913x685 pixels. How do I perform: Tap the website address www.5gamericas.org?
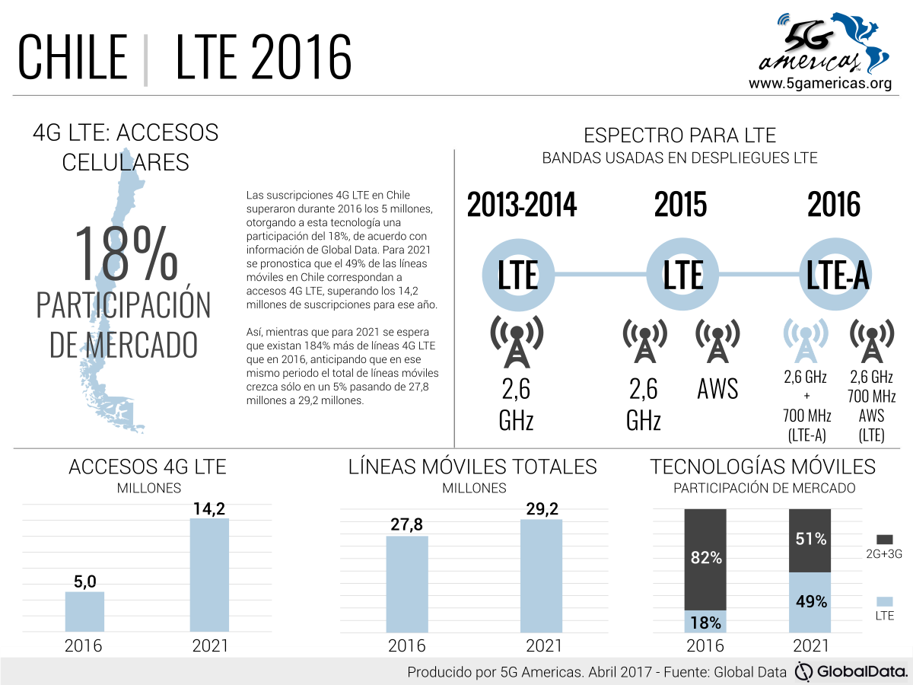(x=819, y=84)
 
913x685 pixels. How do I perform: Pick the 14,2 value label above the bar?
(x=209, y=509)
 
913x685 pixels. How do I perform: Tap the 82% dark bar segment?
(x=705, y=559)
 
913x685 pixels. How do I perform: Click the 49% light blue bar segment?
(x=810, y=601)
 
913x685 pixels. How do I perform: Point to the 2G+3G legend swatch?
(x=883, y=539)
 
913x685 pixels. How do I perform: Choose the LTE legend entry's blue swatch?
(x=883, y=601)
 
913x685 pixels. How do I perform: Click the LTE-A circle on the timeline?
(x=837, y=276)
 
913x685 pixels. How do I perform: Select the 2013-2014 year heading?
(x=521, y=205)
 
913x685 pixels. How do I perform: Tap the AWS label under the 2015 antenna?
(x=717, y=389)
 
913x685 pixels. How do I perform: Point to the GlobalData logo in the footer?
(x=851, y=672)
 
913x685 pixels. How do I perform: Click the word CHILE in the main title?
(x=72, y=57)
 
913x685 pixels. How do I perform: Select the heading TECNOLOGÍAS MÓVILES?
(x=763, y=467)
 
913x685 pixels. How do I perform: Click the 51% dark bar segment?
(x=810, y=540)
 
